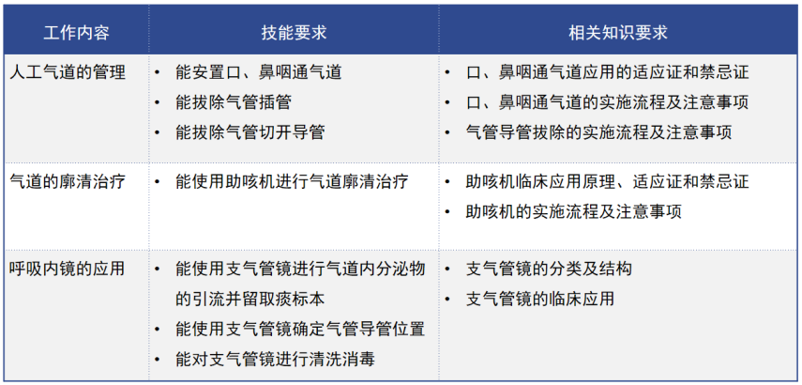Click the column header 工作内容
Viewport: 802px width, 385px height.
click(x=76, y=32)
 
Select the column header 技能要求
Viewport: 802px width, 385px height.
click(x=294, y=32)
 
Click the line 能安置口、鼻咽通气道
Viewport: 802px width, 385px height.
click(x=259, y=71)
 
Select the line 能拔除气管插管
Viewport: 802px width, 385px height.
click(x=235, y=101)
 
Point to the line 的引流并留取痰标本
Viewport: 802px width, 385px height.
click(x=250, y=299)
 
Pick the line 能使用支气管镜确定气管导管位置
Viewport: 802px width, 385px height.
click(x=300, y=329)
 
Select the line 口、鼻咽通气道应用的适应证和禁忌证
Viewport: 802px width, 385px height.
click(x=607, y=71)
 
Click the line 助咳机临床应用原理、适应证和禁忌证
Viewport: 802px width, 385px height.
click(x=607, y=181)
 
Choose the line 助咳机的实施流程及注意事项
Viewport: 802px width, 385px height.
click(x=573, y=211)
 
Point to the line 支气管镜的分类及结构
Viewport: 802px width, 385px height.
click(x=549, y=269)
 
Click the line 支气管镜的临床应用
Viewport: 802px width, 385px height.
click(x=540, y=299)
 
